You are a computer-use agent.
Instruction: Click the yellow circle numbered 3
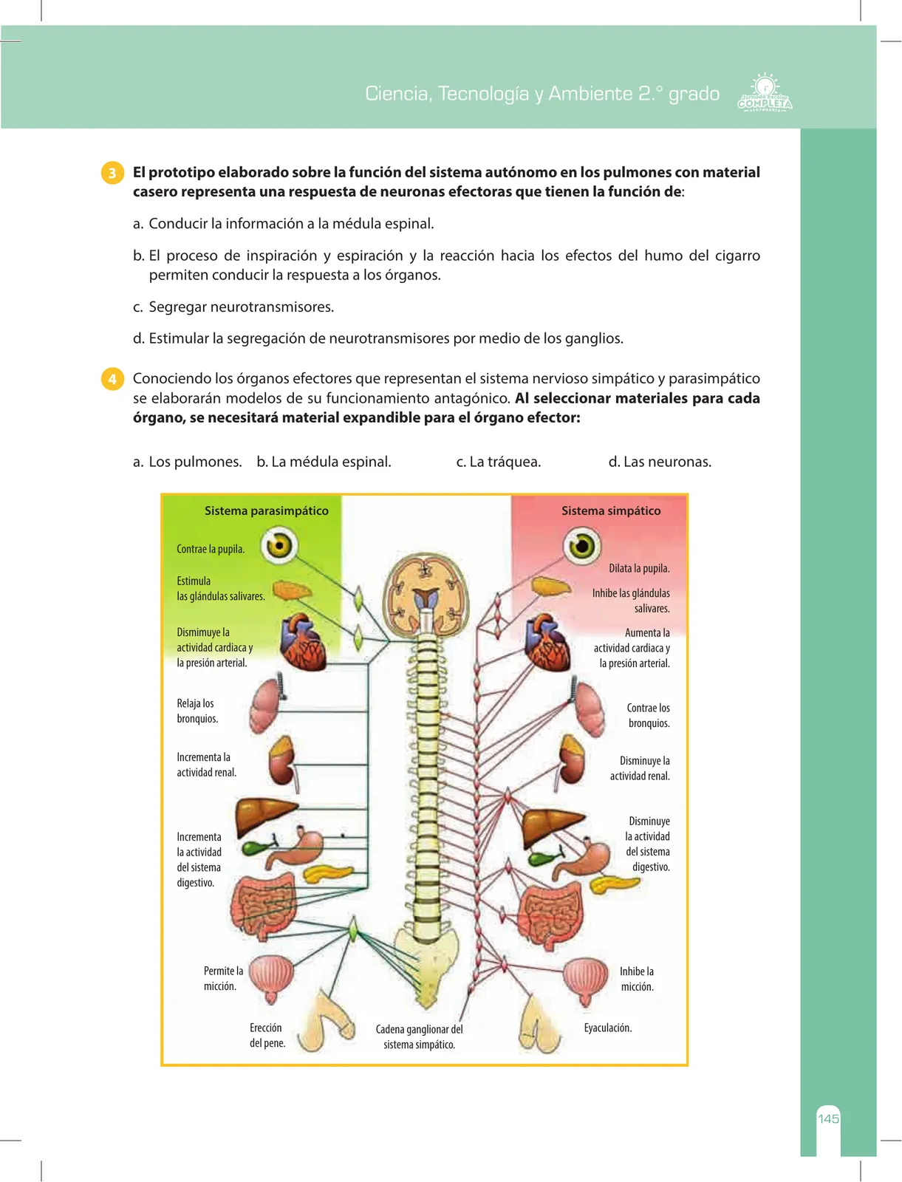tap(112, 173)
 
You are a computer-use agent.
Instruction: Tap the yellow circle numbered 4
tap(112, 379)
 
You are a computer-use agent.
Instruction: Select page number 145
tap(828, 1118)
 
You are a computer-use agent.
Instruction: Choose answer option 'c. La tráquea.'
tap(498, 462)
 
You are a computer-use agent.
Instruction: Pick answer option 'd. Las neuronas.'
tap(660, 462)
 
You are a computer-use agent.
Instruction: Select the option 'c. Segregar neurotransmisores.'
tap(233, 307)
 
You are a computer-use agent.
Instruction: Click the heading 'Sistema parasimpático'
tap(266, 510)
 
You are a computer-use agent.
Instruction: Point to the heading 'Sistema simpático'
tap(611, 510)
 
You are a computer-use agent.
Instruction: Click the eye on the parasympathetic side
tap(279, 545)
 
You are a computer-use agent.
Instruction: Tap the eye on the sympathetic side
tap(581, 545)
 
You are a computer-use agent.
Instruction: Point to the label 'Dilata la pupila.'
tap(639, 568)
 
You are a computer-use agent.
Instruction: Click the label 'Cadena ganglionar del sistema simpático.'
tap(419, 1036)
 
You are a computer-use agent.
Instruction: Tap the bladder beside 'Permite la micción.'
tap(271, 978)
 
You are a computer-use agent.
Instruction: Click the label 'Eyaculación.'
tap(608, 1028)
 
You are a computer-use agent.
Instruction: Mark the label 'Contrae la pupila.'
tap(211, 549)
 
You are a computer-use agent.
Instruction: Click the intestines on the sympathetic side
tap(552, 915)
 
